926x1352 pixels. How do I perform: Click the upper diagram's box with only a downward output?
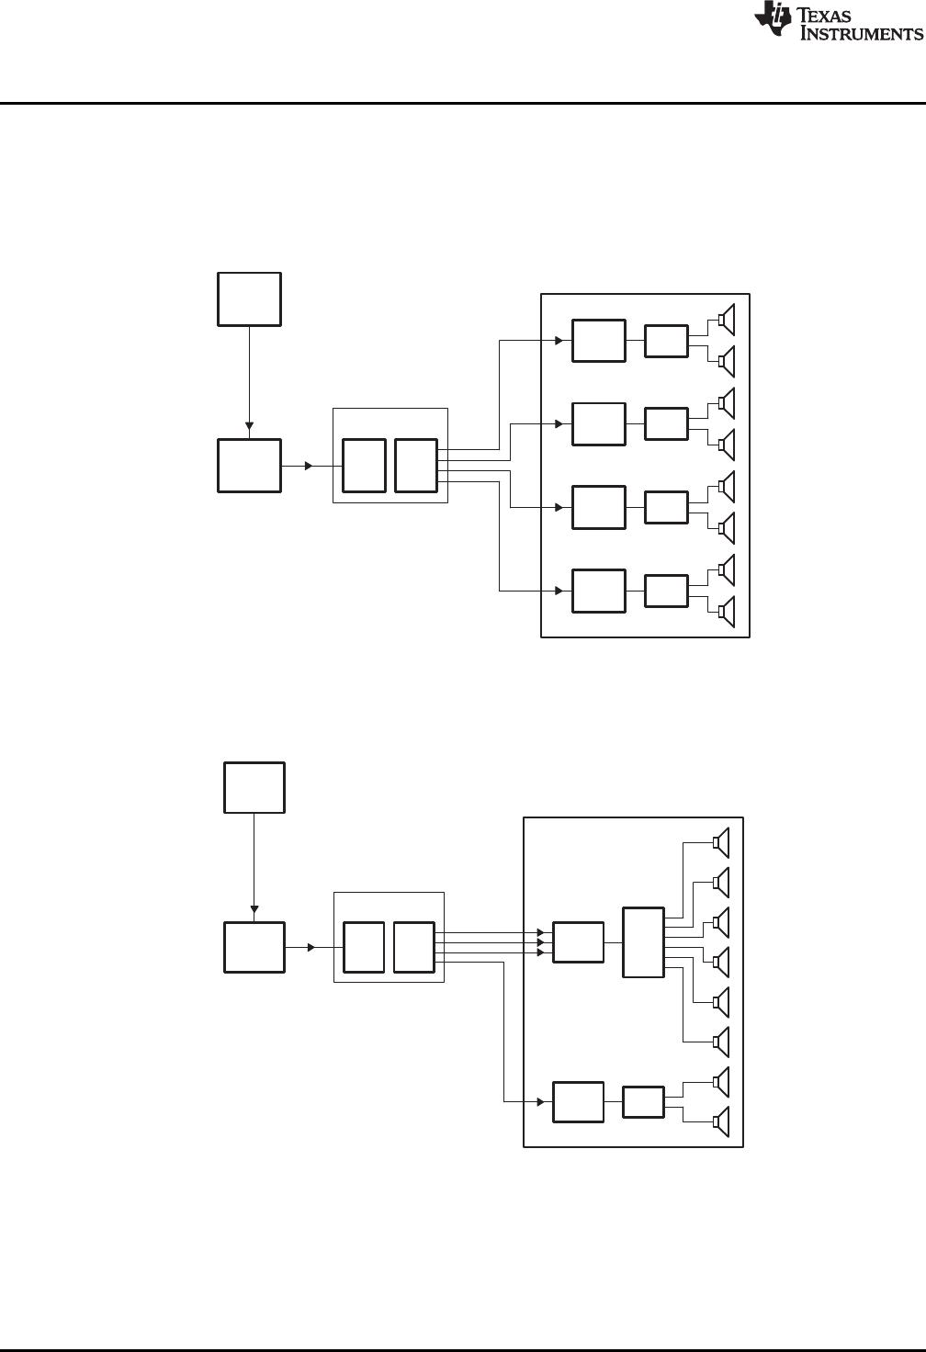pyautogui.click(x=249, y=299)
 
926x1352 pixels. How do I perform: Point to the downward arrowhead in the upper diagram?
pyautogui.click(x=249, y=424)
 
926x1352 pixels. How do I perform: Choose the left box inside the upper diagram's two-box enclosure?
pyautogui.click(x=364, y=466)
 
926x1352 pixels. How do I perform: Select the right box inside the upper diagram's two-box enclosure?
pyautogui.click(x=416, y=466)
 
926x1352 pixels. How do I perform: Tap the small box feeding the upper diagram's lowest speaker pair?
pyautogui.click(x=666, y=591)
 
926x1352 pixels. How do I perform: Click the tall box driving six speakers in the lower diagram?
pyautogui.click(x=643, y=943)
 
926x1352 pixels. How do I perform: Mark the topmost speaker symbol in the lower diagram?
pyautogui.click(x=721, y=842)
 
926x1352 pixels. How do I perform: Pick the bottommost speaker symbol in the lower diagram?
pyautogui.click(x=721, y=1121)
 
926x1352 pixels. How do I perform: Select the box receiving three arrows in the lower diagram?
pyautogui.click(x=578, y=943)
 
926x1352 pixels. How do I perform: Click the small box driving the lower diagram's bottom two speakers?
pyautogui.click(x=643, y=1101)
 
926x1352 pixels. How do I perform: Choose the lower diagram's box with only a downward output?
pyautogui.click(x=254, y=787)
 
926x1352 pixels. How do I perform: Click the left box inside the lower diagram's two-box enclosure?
pyautogui.click(x=364, y=947)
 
